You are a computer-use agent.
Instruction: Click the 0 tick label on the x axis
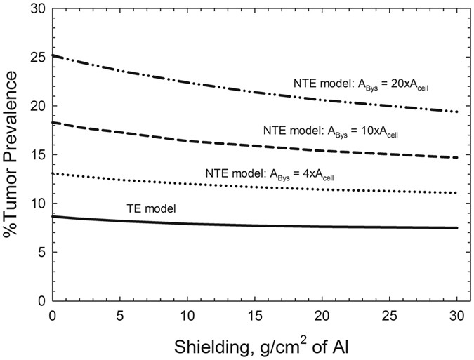pyautogui.click(x=53, y=316)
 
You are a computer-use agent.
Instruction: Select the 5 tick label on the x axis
pyautogui.click(x=120, y=316)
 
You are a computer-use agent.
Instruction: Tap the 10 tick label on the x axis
pyautogui.click(x=187, y=316)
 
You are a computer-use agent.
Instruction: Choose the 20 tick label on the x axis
pyautogui.click(x=322, y=316)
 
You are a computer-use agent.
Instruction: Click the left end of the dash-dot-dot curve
pyautogui.click(x=53, y=55)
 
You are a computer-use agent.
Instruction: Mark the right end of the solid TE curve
pyautogui.click(x=457, y=227)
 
